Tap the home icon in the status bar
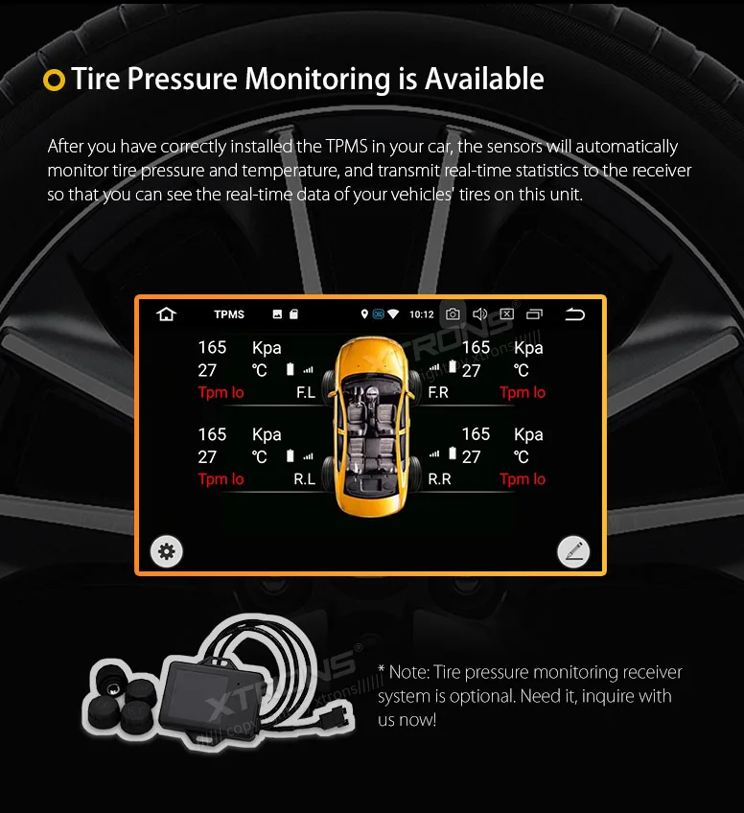(167, 314)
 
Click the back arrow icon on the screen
(574, 314)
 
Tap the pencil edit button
(573, 551)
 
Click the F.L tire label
(306, 392)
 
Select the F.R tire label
(438, 392)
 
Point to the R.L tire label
(304, 479)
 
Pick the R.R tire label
(439, 479)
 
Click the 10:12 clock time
(422, 314)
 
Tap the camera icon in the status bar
(453, 314)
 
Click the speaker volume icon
(479, 314)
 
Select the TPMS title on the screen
(229, 314)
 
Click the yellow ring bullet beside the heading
(54, 81)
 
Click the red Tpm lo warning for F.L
(221, 392)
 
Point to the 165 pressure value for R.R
(476, 434)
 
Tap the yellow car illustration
(370, 427)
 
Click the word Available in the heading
(484, 79)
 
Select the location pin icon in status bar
(364, 314)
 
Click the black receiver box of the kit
(196, 695)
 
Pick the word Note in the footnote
(409, 672)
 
